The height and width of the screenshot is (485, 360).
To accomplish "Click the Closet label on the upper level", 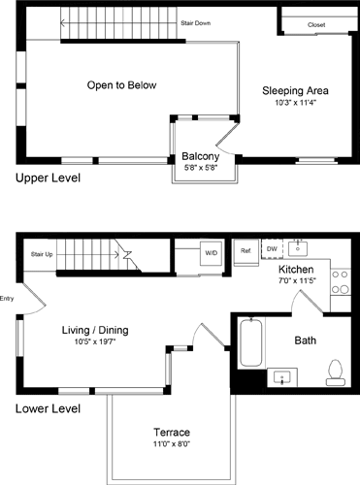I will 316,24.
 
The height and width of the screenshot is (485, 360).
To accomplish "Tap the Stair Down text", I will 197,23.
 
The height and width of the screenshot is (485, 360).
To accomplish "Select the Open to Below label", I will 121,85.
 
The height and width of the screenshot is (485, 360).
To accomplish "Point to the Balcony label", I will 201,157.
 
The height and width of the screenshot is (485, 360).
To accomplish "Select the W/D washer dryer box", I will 211,254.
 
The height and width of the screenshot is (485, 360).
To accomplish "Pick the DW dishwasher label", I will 272,247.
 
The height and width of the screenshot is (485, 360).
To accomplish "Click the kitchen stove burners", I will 341,281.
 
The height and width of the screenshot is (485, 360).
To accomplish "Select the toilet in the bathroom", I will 334,369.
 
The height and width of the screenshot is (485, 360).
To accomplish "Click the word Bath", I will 306,340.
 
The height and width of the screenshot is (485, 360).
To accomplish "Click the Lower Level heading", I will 49,408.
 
